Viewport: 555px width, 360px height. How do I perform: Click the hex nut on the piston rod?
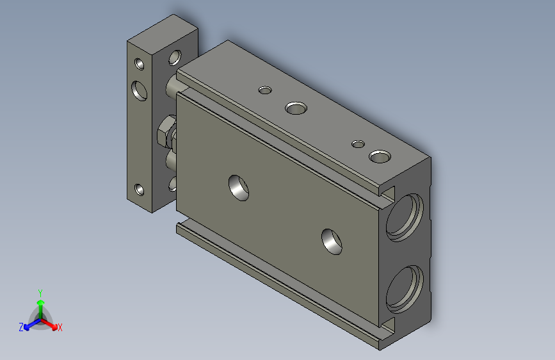[x=166, y=132]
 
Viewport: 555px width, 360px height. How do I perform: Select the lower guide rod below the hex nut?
[x=171, y=160]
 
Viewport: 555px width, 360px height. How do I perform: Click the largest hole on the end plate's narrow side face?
[x=139, y=90]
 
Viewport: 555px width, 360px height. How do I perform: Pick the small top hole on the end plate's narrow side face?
[x=140, y=64]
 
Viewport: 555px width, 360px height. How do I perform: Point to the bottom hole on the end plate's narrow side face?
[x=140, y=190]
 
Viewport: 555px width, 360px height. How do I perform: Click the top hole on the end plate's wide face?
[x=175, y=58]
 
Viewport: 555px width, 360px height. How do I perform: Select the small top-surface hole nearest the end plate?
[x=265, y=90]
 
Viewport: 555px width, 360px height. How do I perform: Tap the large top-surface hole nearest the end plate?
[x=296, y=108]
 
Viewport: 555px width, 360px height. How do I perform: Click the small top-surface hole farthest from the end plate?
[x=358, y=144]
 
